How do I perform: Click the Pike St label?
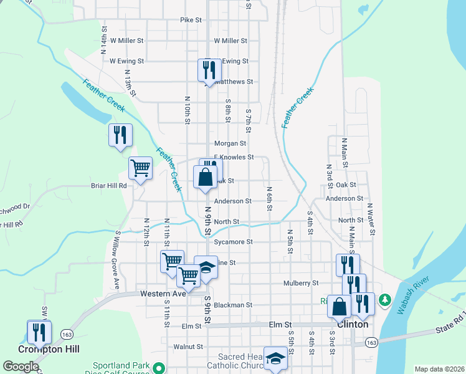point(191,20)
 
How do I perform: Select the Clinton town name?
point(352,324)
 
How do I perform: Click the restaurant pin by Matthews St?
point(209,70)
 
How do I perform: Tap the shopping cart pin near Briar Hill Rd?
point(140,168)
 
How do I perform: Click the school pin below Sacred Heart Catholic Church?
point(275,358)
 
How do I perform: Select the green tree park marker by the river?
point(385,300)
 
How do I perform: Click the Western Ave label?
point(163,293)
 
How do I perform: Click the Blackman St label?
point(232,305)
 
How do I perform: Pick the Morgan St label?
point(231,143)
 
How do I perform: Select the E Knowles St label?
point(234,157)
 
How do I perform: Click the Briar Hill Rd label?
point(109,185)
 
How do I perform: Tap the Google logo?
point(21,367)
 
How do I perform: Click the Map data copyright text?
point(439,369)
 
